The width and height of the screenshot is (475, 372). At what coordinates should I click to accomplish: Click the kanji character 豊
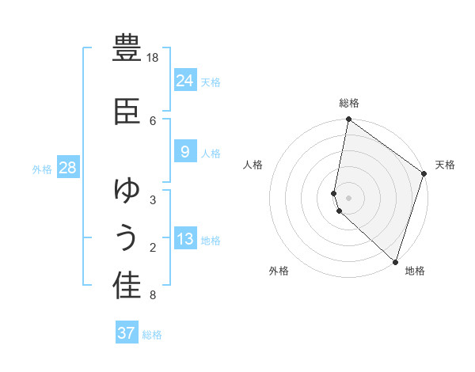(x=127, y=49)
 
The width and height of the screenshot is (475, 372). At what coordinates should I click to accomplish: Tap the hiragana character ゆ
(x=127, y=191)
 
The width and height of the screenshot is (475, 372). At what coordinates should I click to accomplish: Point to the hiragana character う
(x=127, y=239)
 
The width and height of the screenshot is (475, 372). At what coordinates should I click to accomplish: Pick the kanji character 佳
(x=127, y=286)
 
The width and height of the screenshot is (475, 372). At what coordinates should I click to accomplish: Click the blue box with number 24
(x=184, y=81)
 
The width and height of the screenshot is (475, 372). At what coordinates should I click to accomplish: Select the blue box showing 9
(x=184, y=152)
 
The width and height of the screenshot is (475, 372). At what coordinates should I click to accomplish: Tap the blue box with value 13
(x=184, y=240)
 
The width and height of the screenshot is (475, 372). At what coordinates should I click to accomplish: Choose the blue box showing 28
(x=67, y=168)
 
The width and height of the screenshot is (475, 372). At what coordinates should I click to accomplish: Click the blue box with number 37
(x=127, y=333)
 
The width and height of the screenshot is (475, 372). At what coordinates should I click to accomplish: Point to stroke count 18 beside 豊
(x=153, y=58)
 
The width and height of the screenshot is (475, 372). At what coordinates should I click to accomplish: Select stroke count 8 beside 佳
(x=153, y=295)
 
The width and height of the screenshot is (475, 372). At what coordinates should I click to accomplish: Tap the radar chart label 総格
(x=349, y=103)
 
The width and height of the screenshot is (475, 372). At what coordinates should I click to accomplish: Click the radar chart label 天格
(x=445, y=165)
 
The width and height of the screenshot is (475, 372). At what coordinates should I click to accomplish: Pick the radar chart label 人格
(x=253, y=165)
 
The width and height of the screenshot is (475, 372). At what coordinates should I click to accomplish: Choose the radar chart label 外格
(x=279, y=271)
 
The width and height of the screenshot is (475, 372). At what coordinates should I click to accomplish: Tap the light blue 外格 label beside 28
(x=41, y=169)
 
